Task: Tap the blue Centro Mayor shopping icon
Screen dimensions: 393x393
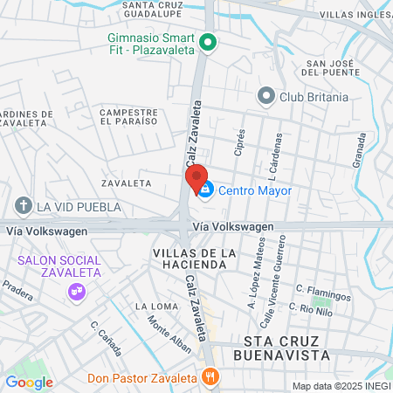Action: point(205,190)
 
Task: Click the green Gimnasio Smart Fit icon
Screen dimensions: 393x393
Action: point(208,41)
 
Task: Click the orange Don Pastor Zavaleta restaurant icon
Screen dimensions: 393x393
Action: point(209,377)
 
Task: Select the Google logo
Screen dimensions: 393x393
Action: point(29,382)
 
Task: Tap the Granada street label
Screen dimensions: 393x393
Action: point(360,151)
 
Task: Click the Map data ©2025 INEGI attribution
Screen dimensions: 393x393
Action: point(341,386)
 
